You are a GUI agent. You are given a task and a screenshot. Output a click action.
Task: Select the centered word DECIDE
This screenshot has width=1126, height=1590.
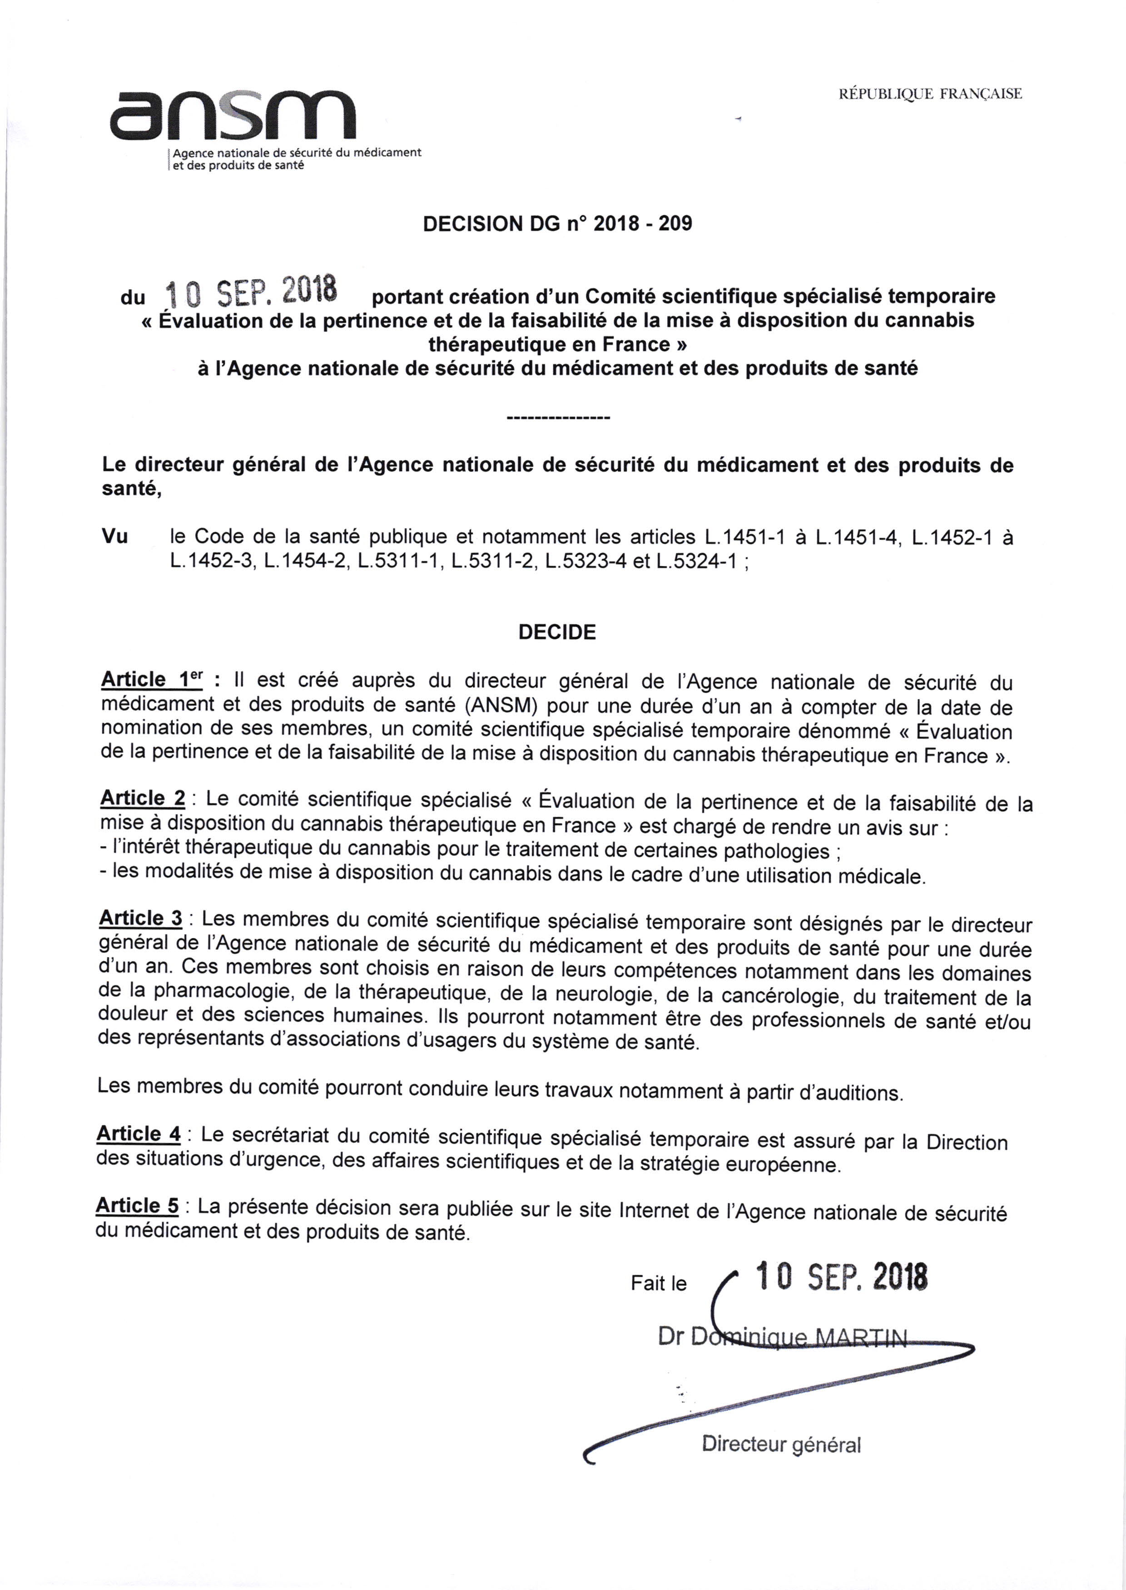pyautogui.click(x=557, y=632)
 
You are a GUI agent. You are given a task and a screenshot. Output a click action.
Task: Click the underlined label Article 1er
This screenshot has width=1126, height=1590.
pyautogui.click(x=152, y=680)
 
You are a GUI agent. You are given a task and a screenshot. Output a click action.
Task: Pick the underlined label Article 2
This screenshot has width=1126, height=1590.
pyautogui.click(x=143, y=798)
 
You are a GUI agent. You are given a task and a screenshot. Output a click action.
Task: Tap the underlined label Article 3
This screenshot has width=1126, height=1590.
pyautogui.click(x=141, y=918)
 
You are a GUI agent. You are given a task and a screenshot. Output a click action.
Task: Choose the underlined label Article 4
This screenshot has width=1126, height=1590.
pyautogui.click(x=139, y=1134)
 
